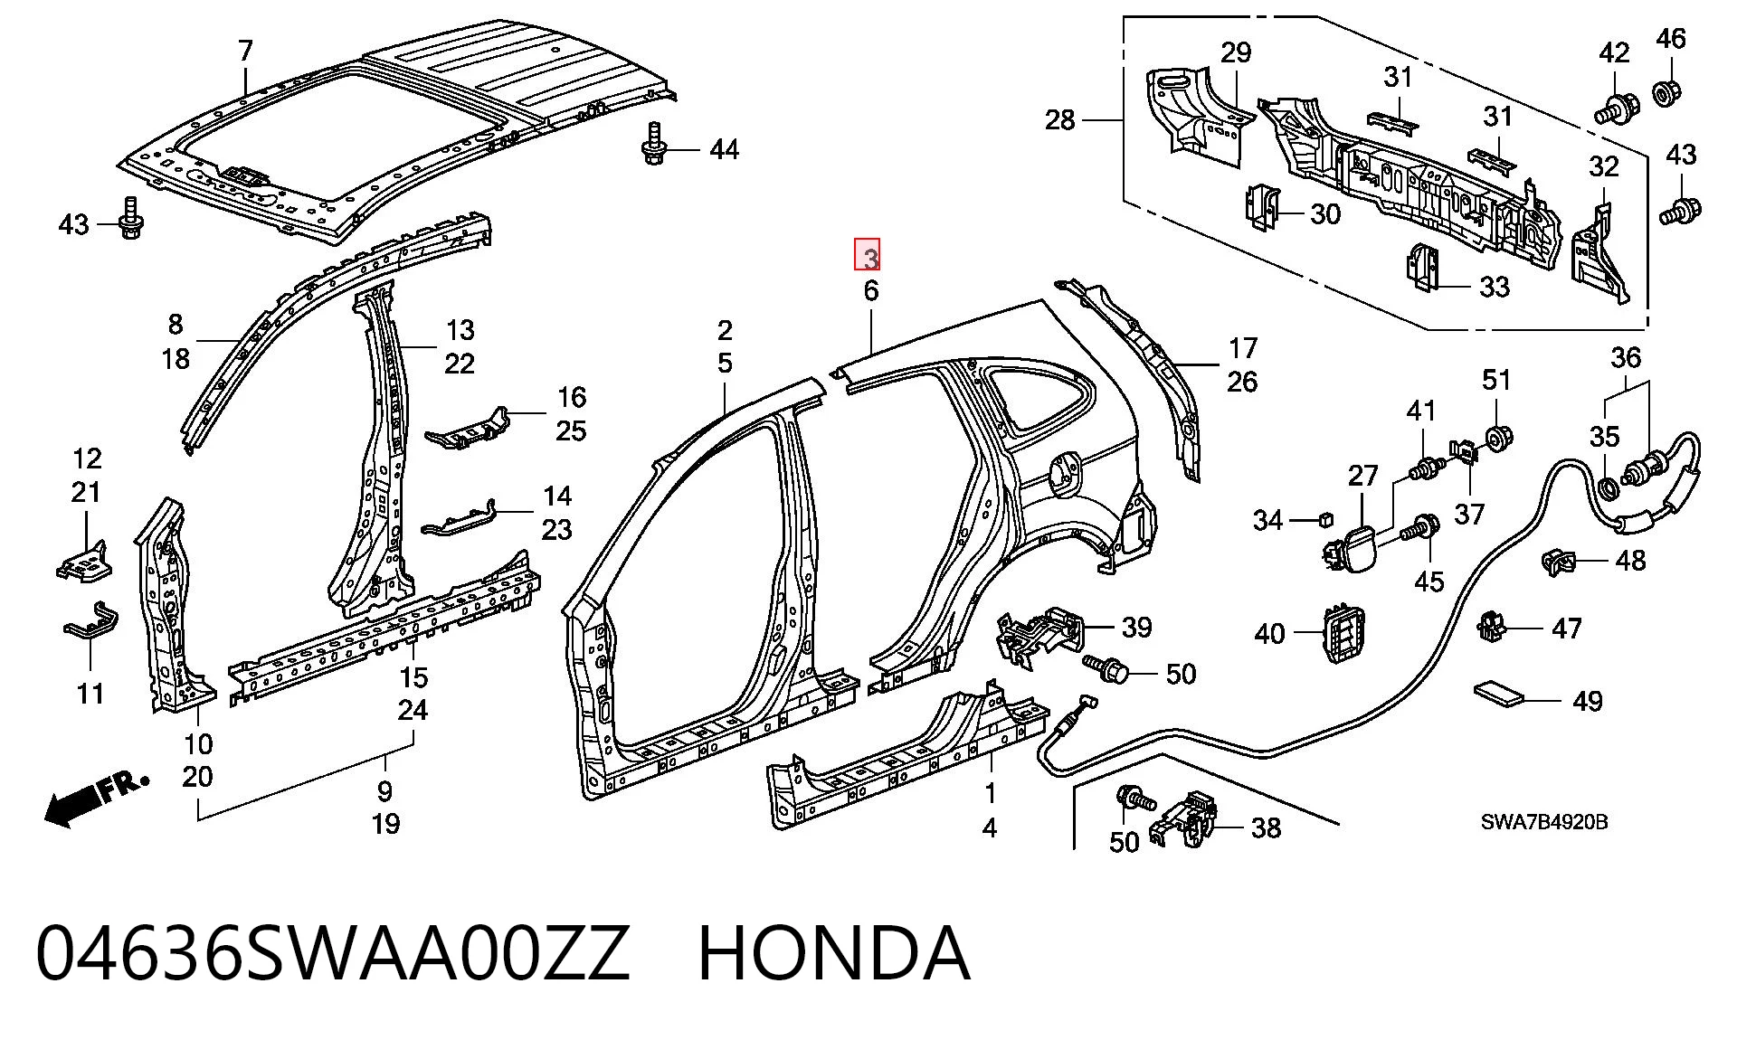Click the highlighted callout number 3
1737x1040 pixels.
(x=868, y=258)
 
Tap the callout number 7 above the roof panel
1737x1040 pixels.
(x=246, y=51)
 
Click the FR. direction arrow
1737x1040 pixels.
(x=95, y=796)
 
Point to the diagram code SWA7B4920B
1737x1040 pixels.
(x=1544, y=822)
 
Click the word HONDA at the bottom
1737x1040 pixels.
(x=834, y=953)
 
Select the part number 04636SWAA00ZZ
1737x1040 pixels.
(x=332, y=953)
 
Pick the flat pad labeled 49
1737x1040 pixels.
(x=1499, y=694)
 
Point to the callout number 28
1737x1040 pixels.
(x=1059, y=119)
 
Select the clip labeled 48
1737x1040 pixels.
(x=1558, y=563)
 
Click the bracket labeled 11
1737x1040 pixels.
(x=90, y=622)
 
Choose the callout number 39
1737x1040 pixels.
(x=1136, y=627)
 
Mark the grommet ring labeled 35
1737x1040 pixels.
(x=1609, y=489)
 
